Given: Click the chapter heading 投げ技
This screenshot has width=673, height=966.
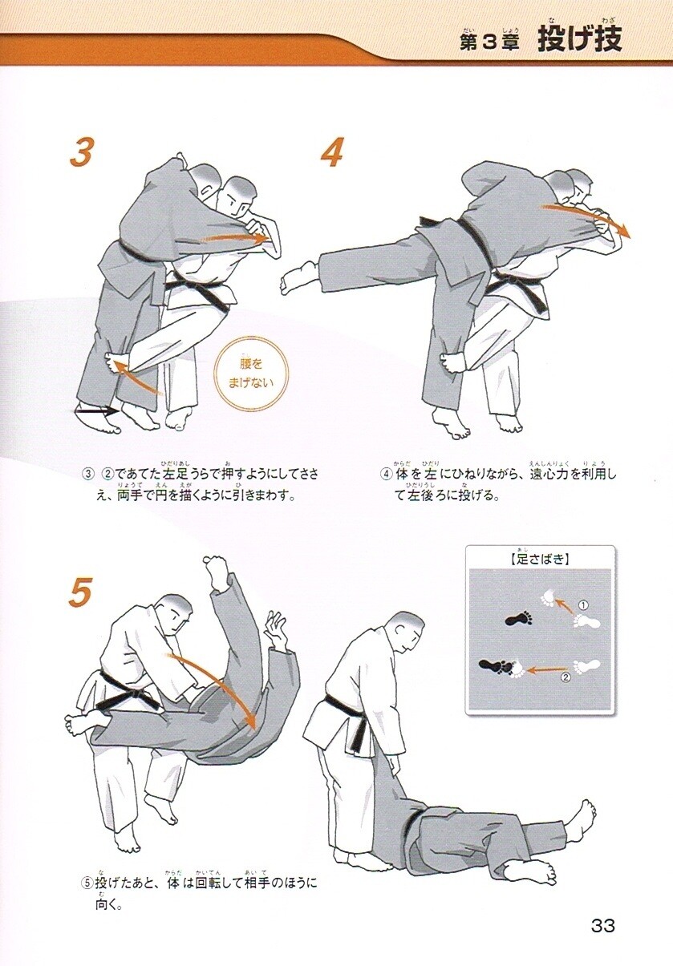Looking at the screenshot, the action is [579, 39].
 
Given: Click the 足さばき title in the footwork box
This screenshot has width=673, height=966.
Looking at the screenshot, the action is [539, 560].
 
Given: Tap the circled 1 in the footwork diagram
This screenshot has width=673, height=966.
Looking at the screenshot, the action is [582, 605].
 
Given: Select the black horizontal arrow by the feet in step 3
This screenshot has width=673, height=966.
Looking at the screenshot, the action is [96, 411].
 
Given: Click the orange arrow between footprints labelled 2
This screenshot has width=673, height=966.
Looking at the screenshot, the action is [546, 670].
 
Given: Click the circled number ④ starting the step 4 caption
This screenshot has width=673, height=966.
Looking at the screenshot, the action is [386, 475].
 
